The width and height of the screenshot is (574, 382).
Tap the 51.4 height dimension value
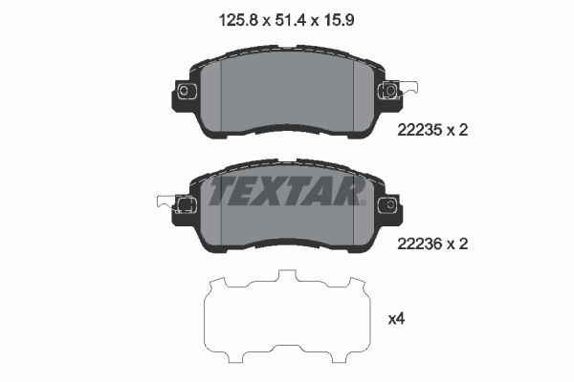(290, 20)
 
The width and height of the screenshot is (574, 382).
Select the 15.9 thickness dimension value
(339, 20)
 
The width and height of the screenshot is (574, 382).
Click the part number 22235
(420, 130)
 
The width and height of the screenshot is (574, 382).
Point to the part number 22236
(420, 244)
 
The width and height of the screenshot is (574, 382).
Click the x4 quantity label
(396, 319)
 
